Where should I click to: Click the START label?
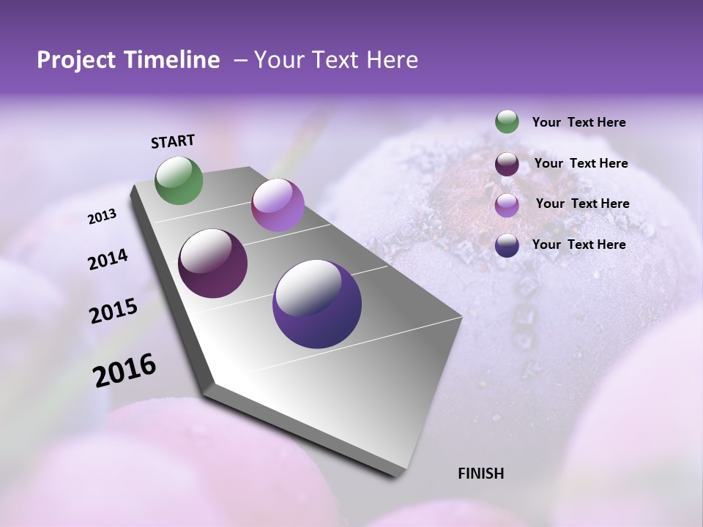point(173,141)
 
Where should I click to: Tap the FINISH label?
point(480,474)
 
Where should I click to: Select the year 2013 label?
point(102,217)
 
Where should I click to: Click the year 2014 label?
point(108,260)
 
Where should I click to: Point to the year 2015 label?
point(114,311)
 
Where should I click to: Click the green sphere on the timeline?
point(179,181)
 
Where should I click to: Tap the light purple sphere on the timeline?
point(278,205)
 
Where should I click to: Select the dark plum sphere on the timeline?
point(213,263)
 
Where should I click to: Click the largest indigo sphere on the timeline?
point(317,304)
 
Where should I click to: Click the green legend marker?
point(507,122)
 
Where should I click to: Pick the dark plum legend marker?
point(507,164)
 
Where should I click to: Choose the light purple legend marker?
point(507,204)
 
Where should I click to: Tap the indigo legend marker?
point(507,245)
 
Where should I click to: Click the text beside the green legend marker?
point(579,123)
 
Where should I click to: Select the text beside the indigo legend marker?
point(579,244)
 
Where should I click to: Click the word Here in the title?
point(390,60)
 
